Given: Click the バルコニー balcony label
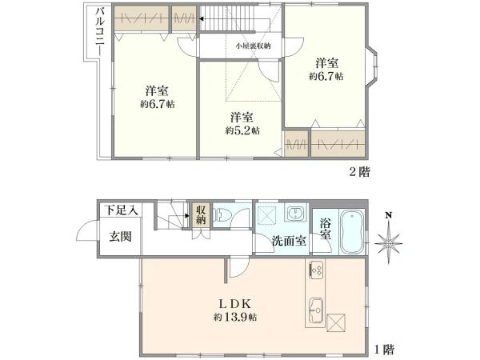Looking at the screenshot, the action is click(100, 31).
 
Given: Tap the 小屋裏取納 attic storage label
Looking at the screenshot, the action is click(253, 46).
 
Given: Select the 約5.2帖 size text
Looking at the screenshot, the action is click(242, 130).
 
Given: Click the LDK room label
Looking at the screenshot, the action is click(234, 304).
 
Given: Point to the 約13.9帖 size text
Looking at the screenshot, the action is click(235, 317).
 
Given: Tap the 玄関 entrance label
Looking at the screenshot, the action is click(121, 237).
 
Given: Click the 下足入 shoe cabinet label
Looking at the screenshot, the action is click(121, 210).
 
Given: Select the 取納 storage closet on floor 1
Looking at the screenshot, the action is click(201, 215).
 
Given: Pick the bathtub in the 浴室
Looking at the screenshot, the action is click(352, 232).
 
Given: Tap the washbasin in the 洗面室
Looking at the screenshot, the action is click(295, 212).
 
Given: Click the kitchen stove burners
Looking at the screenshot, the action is click(316, 270).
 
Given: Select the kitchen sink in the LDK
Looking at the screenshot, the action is click(316, 310).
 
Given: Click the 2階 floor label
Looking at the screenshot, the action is click(360, 172).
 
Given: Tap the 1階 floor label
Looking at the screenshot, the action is click(385, 349).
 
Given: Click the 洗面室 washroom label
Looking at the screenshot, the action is click(289, 242).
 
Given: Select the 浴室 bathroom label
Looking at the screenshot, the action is click(326, 229).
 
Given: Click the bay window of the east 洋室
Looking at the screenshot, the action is click(372, 66).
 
